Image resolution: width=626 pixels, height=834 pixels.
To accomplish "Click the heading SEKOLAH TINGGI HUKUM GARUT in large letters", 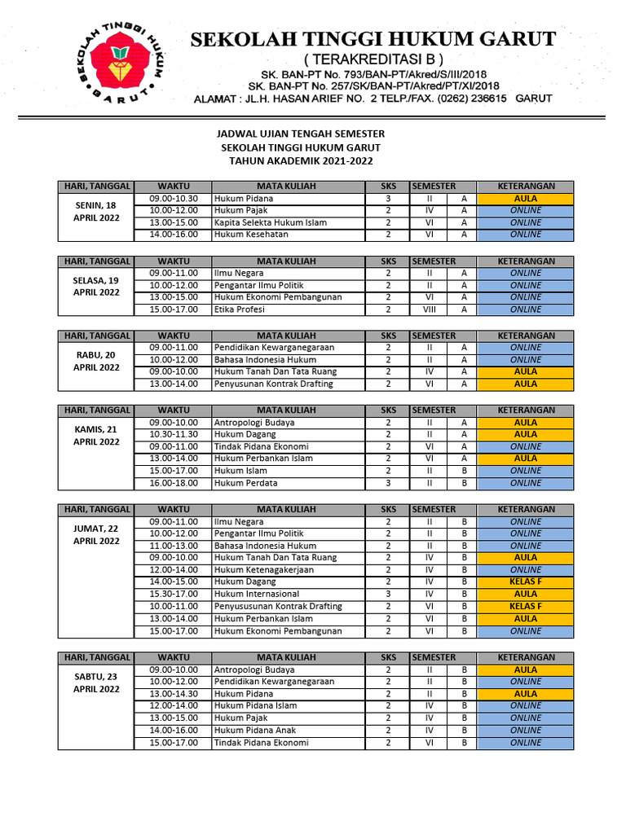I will pos(373,38).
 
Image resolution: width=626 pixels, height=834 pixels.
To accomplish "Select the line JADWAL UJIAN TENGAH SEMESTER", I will pos(301,133).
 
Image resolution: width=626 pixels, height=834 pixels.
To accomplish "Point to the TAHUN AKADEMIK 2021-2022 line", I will pos(301,160).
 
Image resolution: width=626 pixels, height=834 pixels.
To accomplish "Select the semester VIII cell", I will pos(430,309).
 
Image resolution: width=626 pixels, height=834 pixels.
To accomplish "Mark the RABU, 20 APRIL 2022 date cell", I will pos(95,362).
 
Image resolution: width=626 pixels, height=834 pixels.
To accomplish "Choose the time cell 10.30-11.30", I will pos(174,435).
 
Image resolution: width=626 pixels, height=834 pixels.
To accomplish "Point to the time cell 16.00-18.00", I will pos(174,483).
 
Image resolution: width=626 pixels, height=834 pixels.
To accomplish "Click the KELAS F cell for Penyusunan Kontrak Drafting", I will pos(525,607).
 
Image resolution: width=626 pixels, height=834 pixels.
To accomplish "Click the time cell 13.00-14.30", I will pos(174,694).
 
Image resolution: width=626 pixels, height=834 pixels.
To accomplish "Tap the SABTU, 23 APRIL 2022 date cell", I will pos(95,682).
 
